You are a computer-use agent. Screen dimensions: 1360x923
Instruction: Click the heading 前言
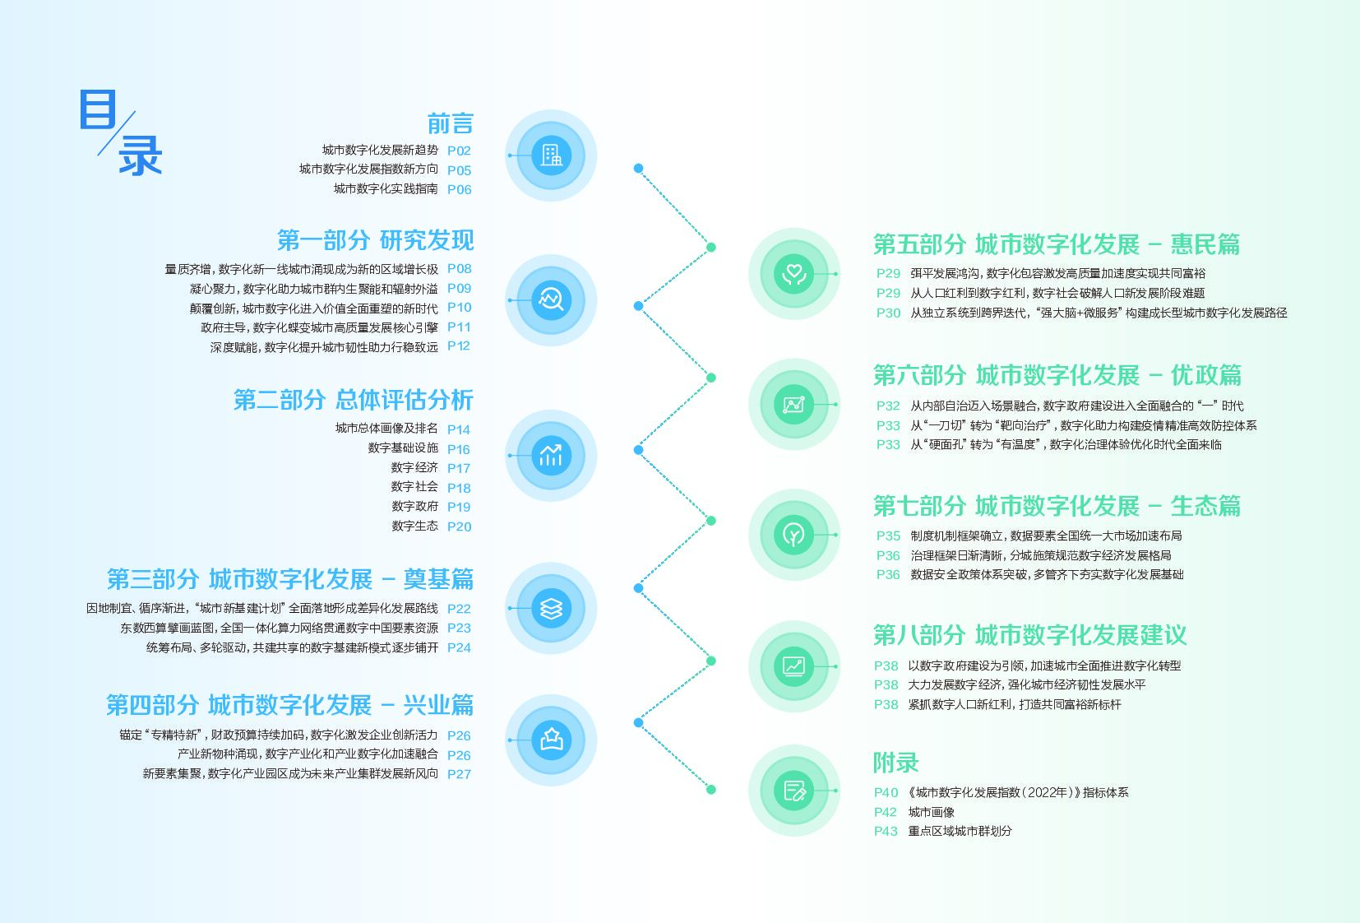point(450,124)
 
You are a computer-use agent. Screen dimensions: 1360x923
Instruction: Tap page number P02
point(459,151)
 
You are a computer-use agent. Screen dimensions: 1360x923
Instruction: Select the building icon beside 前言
point(551,155)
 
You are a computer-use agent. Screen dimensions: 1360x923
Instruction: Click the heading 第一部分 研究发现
point(375,240)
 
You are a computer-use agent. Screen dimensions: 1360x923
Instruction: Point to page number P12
point(459,346)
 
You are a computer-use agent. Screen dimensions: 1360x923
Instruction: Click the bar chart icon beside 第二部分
point(551,455)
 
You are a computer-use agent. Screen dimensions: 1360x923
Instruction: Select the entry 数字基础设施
point(403,448)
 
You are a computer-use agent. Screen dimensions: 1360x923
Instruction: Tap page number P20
point(459,526)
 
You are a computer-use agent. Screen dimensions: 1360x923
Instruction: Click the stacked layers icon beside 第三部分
point(551,608)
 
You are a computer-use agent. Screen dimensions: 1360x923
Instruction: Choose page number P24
point(459,647)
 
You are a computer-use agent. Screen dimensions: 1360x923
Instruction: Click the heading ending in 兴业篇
point(289,705)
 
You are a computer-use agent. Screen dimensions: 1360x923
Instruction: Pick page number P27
point(459,774)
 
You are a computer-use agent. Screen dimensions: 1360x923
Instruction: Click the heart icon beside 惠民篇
point(794,273)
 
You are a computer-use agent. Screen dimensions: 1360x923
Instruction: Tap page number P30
point(888,313)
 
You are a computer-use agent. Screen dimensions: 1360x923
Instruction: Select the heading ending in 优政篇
point(1057,375)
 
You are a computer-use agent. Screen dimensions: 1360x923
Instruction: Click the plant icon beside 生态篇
point(794,535)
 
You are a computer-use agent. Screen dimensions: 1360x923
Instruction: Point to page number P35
point(888,536)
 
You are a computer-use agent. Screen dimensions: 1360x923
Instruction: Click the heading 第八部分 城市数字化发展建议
point(1029,635)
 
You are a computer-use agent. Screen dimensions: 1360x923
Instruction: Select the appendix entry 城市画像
point(931,812)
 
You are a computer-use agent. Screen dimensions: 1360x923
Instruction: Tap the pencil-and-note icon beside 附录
point(794,791)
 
